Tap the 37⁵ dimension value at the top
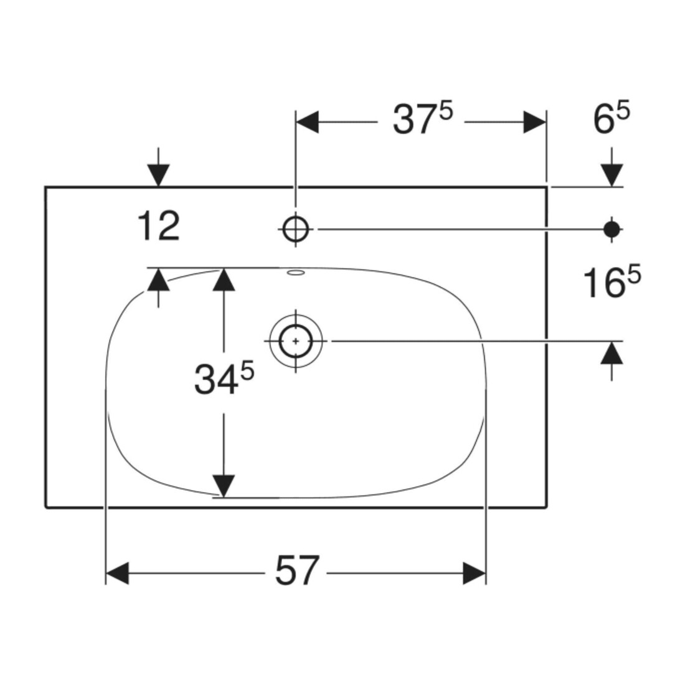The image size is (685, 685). coord(423,119)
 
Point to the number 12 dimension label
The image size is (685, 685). coord(158,225)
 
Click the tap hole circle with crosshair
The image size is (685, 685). coord(296,229)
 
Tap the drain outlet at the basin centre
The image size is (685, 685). coord(296,341)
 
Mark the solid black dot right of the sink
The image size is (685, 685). coord(612,229)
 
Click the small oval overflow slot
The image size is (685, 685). coord(296,273)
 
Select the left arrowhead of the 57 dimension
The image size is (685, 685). coord(118,573)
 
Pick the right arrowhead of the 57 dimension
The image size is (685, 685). coord(475,573)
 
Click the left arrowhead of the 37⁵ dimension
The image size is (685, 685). coord(308,122)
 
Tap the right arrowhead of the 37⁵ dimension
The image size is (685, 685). coord(535,122)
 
